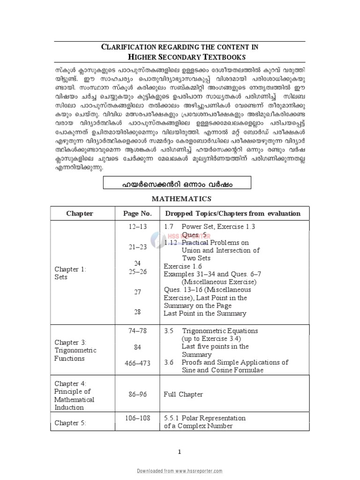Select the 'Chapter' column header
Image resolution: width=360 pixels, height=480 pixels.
coord(79,213)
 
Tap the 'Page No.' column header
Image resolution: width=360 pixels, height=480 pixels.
coord(137,213)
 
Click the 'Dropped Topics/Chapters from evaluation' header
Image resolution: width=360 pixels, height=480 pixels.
coord(232,213)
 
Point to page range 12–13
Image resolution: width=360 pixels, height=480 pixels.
coord(137,226)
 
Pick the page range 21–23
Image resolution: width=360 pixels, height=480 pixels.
coord(137,247)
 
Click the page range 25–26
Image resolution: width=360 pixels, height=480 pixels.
coord(137,271)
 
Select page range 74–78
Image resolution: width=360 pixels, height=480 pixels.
coord(137,330)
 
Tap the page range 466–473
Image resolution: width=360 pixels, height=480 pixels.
coord(137,363)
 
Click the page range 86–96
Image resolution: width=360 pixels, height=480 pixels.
coord(137,395)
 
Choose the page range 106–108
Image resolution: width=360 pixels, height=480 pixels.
coord(137,418)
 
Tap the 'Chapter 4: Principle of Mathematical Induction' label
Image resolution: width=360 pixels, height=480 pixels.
coord(75,395)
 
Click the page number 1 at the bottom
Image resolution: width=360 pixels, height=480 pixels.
coord(179,451)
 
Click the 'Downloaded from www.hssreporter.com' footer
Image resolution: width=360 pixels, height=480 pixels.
coord(180,470)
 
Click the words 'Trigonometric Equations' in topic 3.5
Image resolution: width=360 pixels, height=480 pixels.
coord(217,330)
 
